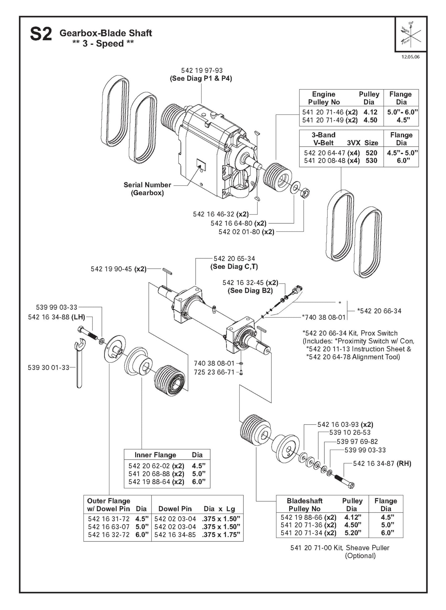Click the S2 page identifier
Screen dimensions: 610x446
[x=41, y=34]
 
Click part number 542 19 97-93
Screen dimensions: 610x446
[x=202, y=71]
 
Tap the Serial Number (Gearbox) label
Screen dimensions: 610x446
[x=147, y=189]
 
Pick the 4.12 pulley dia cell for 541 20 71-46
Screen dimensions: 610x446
[x=370, y=112]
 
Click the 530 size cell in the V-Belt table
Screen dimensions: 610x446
[x=371, y=161]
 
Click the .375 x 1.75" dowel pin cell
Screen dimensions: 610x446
[x=221, y=535]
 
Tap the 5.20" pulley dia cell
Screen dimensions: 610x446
[x=352, y=533]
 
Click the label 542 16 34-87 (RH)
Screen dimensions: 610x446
[x=382, y=463]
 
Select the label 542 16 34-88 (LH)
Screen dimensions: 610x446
[x=56, y=317]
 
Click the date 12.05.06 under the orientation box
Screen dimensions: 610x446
[x=410, y=57]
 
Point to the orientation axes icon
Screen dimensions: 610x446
[x=411, y=34]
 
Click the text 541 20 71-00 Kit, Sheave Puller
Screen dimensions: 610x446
[x=340, y=548]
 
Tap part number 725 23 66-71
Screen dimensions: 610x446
[x=214, y=372]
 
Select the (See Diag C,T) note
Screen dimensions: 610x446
[x=234, y=267]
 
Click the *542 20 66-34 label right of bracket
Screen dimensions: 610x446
[x=379, y=311]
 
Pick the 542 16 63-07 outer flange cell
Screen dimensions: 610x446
[x=109, y=527]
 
